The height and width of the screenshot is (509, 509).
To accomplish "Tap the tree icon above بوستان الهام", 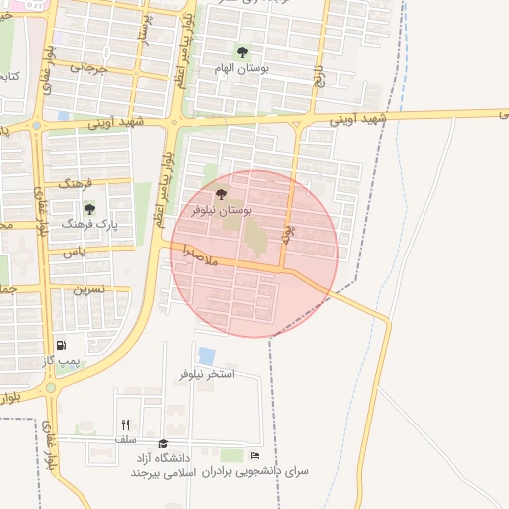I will coord(242,52).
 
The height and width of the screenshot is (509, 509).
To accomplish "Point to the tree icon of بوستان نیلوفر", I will coord(220,194).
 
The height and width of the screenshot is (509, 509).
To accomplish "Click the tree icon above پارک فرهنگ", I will coord(90,209).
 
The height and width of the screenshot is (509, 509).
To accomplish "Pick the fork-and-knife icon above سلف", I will coord(125,424).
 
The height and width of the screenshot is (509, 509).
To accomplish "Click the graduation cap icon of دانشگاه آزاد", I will coord(163,444).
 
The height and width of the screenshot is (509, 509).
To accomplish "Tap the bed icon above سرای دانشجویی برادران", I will coord(255,455).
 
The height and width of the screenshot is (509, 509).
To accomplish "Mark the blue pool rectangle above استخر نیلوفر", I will coord(207,355).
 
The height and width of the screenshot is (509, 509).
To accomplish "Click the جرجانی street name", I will coord(87,68).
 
